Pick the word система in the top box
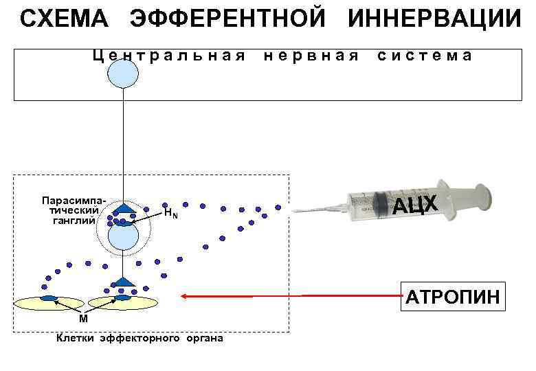point(425,56)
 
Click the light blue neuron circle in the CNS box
point(123,74)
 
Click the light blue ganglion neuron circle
point(123,237)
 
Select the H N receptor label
point(171,214)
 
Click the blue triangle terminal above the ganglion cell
point(124,207)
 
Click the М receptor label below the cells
point(82,319)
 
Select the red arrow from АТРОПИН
point(289,296)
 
